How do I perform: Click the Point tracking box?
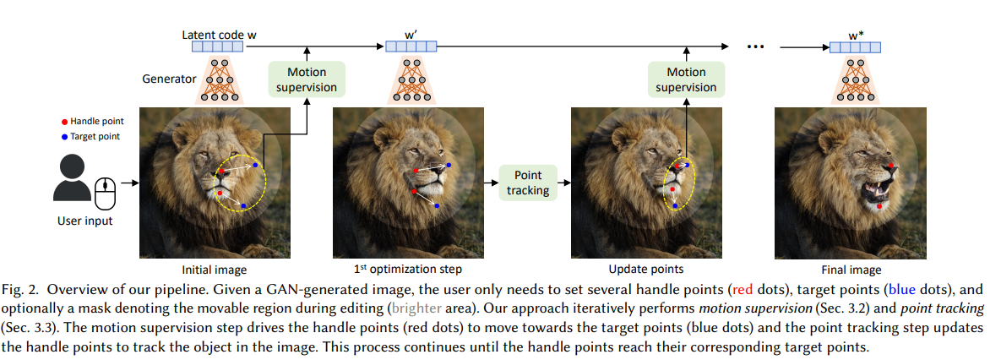(528, 181)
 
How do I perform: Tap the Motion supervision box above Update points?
(686, 79)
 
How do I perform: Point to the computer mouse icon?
(104, 195)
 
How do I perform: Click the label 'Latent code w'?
(219, 35)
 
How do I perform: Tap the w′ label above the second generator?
(411, 35)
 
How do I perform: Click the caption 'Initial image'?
(215, 270)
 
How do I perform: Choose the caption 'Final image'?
(851, 270)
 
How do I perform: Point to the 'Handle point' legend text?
(96, 122)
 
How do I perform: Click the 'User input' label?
(84, 221)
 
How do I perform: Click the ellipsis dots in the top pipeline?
(755, 47)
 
